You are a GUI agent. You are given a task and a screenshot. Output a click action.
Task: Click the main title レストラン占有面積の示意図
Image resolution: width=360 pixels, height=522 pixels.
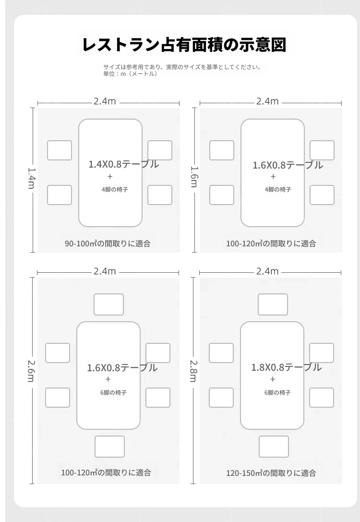(184, 45)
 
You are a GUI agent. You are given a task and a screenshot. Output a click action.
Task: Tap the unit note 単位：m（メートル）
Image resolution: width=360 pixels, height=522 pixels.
(131, 74)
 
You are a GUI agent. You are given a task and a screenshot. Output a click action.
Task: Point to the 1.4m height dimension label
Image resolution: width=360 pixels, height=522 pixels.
(31, 178)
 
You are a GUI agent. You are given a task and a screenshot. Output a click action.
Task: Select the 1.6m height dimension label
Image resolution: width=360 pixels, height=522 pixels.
(194, 177)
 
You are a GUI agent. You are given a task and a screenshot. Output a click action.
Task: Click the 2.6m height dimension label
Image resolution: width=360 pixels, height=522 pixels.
(31, 371)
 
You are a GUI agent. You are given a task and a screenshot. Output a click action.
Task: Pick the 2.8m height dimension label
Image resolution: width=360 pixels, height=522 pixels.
(194, 371)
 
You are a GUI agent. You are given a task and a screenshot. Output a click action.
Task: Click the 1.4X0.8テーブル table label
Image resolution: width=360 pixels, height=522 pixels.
(123, 164)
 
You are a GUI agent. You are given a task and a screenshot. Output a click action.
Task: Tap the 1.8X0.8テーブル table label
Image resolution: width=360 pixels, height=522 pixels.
(286, 367)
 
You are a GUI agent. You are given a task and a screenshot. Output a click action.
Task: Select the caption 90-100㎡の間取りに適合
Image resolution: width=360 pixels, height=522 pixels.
(108, 243)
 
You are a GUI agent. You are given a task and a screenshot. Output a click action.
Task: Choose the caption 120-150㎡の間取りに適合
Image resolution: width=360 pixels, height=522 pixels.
(271, 473)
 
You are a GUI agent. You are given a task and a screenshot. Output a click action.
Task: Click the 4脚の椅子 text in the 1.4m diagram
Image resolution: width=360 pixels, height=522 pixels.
(115, 189)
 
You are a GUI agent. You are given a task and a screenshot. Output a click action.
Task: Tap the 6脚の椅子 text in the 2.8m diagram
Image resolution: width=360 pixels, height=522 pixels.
(277, 393)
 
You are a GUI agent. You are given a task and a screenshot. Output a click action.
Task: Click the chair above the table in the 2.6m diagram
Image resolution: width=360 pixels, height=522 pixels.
(109, 304)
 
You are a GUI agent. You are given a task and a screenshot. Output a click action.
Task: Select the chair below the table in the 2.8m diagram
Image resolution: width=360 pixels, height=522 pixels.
(274, 447)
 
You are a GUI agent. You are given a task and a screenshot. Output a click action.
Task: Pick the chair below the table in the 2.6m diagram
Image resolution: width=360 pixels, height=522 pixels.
(110, 447)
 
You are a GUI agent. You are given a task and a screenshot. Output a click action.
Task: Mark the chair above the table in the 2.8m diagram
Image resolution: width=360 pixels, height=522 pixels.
(273, 304)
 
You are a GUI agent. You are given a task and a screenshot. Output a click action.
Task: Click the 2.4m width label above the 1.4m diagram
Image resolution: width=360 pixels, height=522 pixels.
(105, 101)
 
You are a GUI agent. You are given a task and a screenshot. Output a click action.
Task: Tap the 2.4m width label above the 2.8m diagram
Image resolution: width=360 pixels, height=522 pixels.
(267, 271)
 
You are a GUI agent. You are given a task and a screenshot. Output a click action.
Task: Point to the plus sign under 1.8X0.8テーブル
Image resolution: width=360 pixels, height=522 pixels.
(273, 379)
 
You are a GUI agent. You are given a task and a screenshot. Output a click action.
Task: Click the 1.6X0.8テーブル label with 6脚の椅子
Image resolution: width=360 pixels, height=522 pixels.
(122, 368)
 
